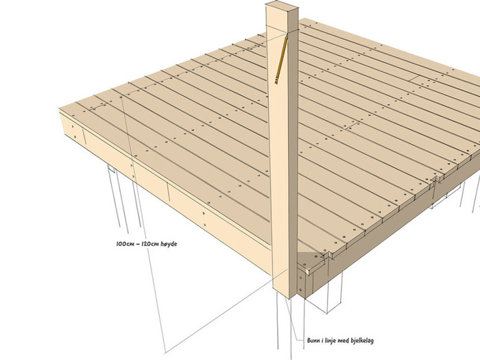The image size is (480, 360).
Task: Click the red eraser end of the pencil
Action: coord(276,82)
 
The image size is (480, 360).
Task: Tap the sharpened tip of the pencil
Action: coord(287,35)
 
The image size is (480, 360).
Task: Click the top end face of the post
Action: coord(282,5)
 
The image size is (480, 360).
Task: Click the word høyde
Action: coord(169,244)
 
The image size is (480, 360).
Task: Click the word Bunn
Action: coord(313,340)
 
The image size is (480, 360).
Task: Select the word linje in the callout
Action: coord(330,341)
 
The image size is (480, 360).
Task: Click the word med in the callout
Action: coord(343,340)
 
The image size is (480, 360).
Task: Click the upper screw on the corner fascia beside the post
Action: coord(300,278)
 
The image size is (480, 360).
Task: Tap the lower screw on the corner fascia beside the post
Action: coord(300,289)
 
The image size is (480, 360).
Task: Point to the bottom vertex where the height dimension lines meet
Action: coord(166,352)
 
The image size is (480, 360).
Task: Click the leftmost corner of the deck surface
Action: coord(59,108)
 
